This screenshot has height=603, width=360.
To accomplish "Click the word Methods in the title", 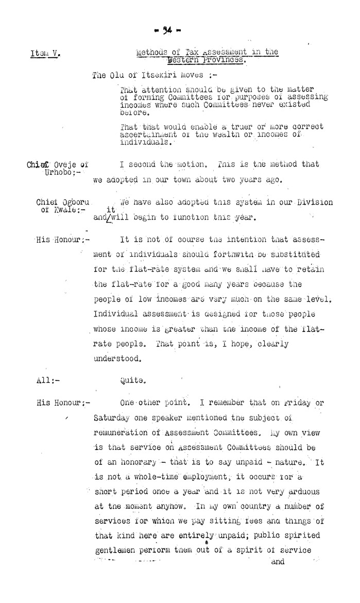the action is (151, 52).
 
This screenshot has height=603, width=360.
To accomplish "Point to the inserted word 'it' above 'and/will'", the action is (110, 209).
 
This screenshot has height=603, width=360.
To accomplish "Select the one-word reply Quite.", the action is (133, 382).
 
